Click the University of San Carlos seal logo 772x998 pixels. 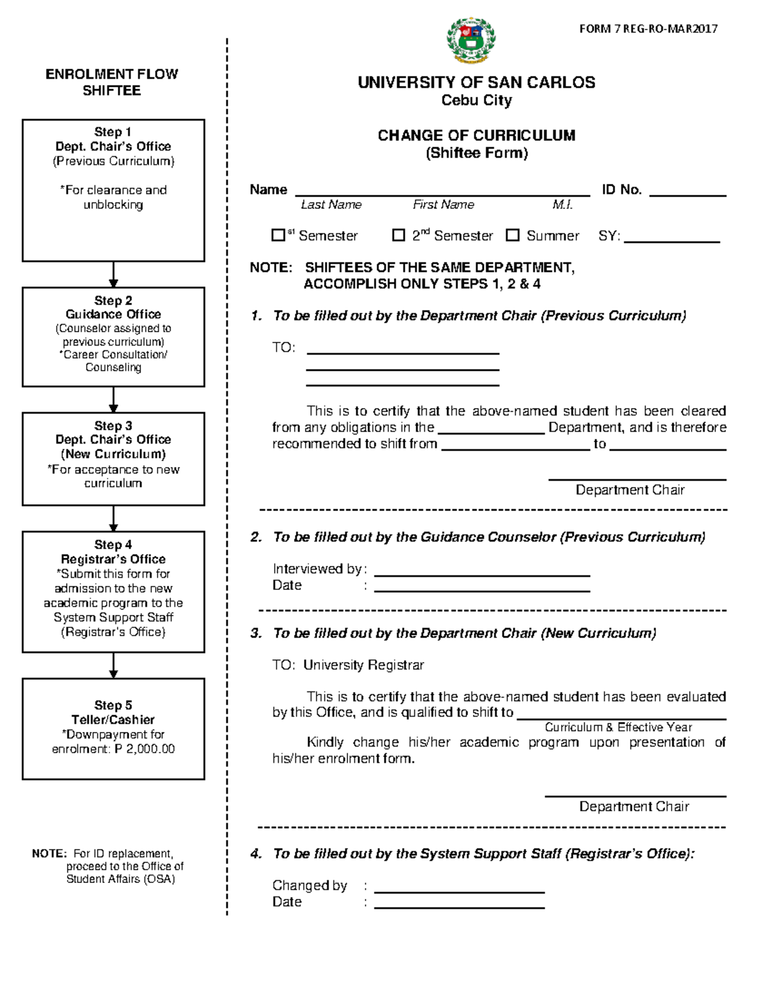[471, 40]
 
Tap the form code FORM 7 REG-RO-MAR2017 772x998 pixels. [648, 29]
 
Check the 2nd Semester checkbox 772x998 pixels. [398, 235]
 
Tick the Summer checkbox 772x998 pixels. [512, 235]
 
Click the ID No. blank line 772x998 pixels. [687, 192]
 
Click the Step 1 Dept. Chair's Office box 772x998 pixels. [113, 190]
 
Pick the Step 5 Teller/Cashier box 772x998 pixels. [113, 729]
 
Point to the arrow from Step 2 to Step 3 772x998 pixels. [113, 400]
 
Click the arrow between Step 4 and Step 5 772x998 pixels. [113, 666]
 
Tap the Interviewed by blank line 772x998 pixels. [481, 572]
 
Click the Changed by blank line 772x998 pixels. [459, 889]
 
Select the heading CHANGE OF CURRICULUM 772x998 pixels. [476, 136]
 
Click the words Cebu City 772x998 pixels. [476, 101]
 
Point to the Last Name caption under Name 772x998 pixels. [331, 205]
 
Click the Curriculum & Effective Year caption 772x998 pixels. [618, 727]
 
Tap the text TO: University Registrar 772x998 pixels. [348, 665]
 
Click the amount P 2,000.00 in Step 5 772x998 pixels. [145, 749]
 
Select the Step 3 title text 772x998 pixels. [113, 426]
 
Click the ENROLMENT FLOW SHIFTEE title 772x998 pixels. [111, 82]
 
